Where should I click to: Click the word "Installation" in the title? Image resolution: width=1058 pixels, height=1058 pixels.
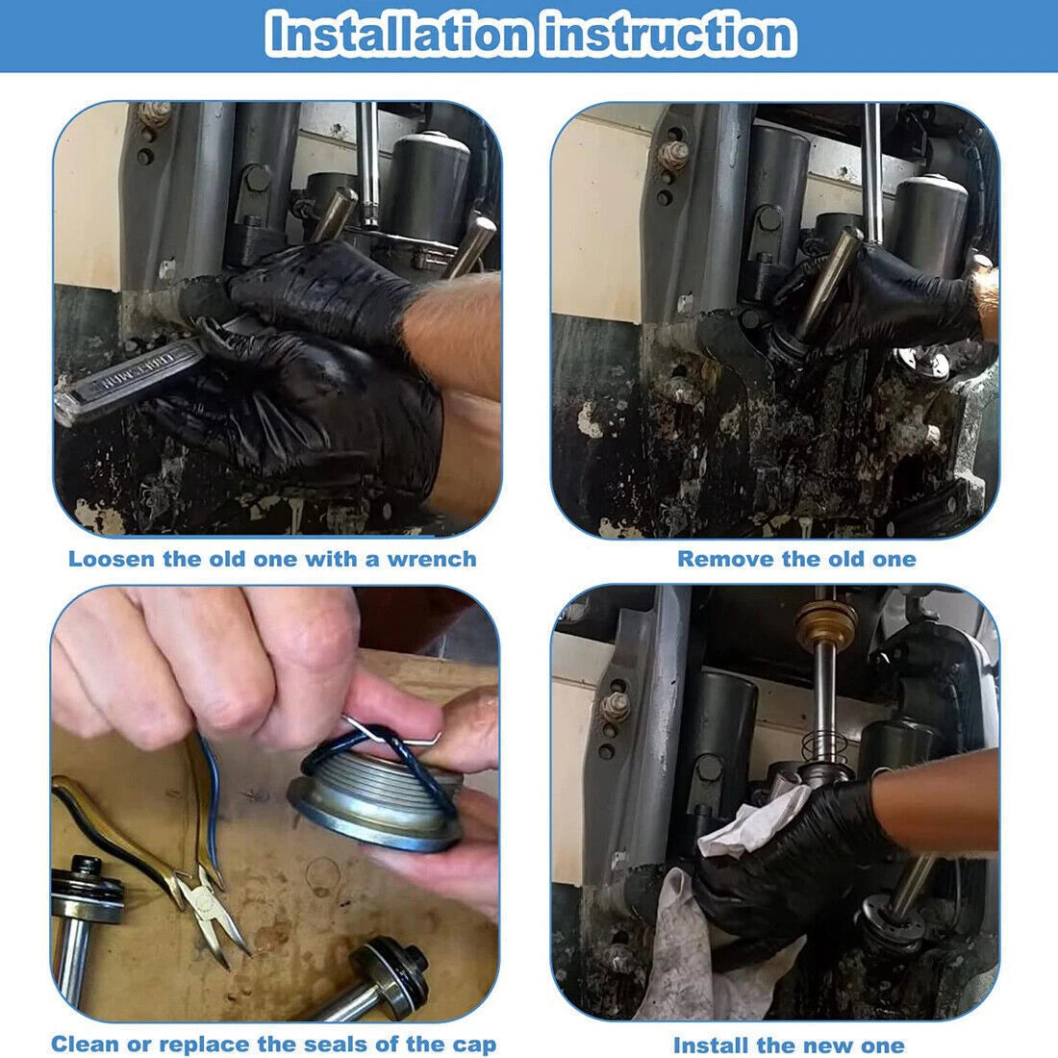[398, 34]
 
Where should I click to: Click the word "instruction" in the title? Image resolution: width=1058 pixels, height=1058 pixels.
[670, 34]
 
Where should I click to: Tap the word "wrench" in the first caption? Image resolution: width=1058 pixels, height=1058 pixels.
[432, 559]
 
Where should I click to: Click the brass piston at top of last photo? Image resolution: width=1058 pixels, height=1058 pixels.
[825, 624]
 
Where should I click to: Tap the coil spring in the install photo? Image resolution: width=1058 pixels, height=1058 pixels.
[824, 745]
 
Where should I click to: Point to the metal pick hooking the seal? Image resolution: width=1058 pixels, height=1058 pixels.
[391, 736]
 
